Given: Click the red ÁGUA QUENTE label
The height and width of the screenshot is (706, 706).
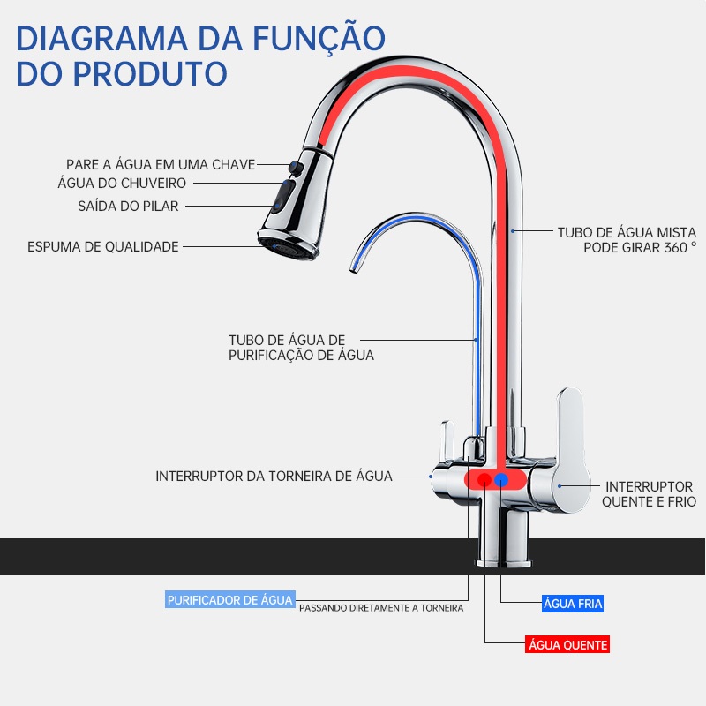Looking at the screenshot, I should coord(567,645).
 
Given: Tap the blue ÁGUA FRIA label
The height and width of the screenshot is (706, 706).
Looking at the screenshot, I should coord(573,605).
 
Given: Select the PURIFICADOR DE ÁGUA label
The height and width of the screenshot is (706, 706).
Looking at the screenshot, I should coord(229,600).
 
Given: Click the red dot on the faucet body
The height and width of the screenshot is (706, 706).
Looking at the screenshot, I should coord(484,480).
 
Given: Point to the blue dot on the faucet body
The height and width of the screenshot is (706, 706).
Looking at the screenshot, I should coord(502,480).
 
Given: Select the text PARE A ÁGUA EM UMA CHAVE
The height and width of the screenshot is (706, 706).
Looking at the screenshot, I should coord(161,165).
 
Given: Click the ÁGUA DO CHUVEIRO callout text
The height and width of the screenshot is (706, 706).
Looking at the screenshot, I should coord(122,184).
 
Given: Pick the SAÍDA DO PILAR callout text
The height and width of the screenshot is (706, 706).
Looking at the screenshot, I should coord(128,207).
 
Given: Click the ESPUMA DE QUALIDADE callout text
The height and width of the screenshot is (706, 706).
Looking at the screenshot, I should coord(103,247).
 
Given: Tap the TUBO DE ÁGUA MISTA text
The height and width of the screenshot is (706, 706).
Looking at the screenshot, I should coord(627,232).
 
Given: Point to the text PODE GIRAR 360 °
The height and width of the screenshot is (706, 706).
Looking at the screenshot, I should coord(640,247).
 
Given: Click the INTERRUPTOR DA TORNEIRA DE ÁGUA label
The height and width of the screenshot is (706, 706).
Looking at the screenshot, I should coord(274,476).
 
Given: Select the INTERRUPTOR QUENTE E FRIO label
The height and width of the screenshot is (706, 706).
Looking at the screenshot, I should coord(649,494).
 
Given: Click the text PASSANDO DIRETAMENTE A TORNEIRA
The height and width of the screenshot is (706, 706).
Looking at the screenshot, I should coord(381,607).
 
